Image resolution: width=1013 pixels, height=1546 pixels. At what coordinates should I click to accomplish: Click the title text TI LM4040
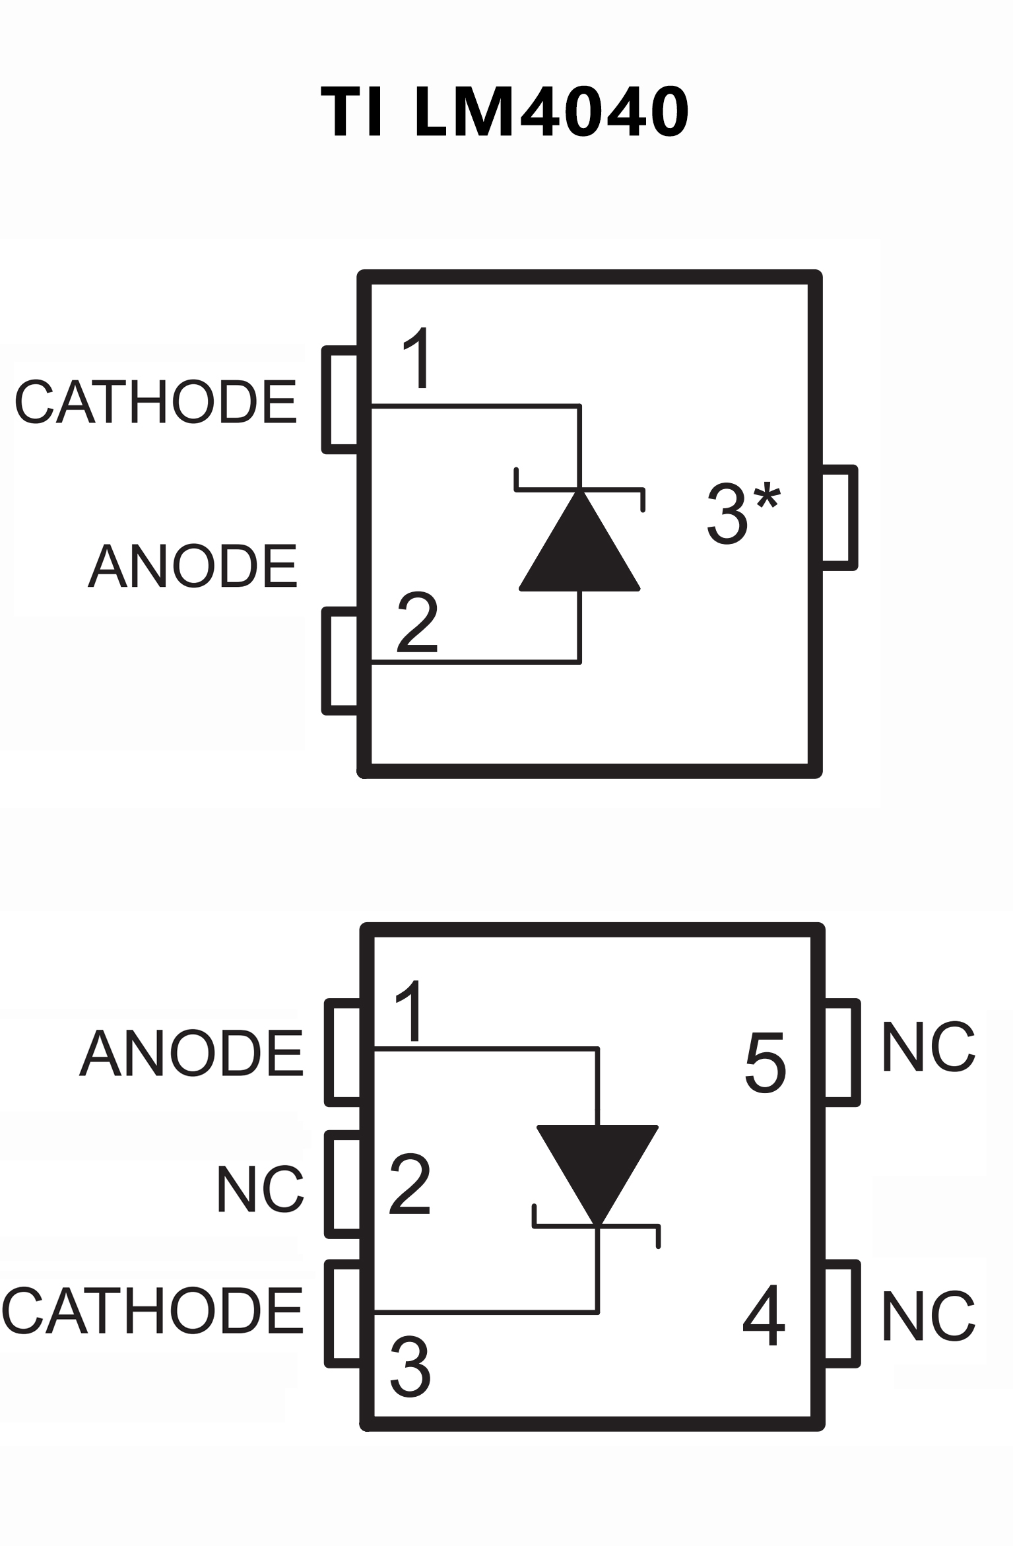(505, 112)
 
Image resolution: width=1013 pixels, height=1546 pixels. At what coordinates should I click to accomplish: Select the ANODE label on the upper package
(193, 566)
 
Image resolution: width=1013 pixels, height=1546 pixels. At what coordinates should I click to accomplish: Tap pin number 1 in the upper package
(417, 358)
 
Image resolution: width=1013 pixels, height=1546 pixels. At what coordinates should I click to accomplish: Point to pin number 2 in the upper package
(417, 622)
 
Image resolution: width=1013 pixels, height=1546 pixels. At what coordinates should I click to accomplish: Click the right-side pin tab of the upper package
(839, 517)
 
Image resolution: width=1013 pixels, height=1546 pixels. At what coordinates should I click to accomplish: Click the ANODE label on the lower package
(191, 1054)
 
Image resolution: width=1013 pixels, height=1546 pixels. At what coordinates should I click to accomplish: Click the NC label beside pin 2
(260, 1190)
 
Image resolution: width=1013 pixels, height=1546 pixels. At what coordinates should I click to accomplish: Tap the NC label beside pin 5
(928, 1048)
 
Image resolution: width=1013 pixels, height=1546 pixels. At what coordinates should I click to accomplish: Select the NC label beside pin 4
(928, 1316)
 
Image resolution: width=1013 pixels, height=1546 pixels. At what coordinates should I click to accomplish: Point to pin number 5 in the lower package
(766, 1062)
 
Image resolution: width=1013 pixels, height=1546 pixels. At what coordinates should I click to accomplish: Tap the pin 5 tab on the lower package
(842, 1052)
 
